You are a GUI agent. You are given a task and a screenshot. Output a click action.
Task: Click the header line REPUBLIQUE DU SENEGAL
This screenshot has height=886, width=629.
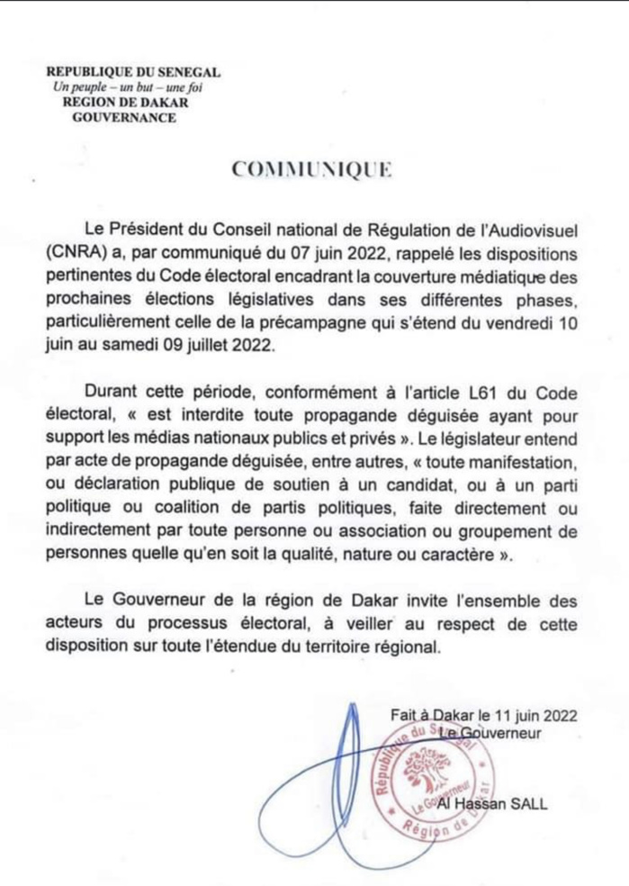133,72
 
